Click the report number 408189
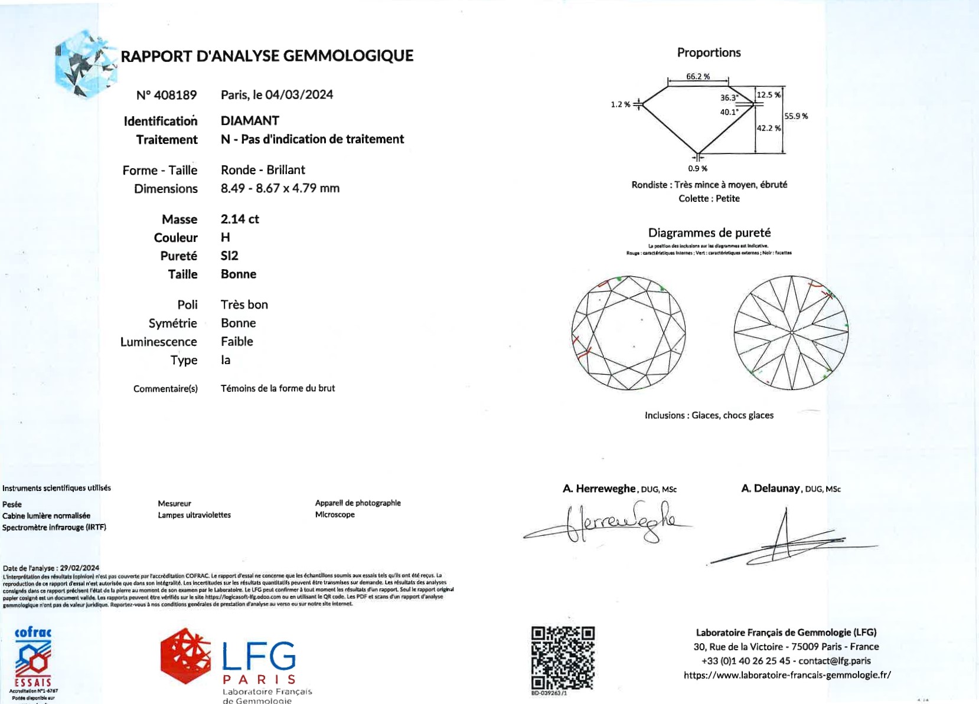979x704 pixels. click(167, 95)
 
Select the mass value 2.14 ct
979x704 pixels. click(240, 219)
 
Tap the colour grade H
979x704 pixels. click(226, 237)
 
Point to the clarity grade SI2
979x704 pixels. click(230, 256)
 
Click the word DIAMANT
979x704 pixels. click(250, 120)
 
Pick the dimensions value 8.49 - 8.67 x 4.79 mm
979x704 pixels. click(280, 188)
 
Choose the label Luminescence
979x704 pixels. click(158, 342)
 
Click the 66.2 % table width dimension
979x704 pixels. click(698, 77)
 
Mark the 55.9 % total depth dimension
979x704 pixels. click(796, 116)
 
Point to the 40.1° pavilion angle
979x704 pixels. click(729, 112)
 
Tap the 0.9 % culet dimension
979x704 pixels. click(697, 168)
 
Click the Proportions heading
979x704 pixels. click(709, 53)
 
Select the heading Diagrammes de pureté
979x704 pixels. click(709, 233)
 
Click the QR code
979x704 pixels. click(562, 657)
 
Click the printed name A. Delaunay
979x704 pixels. click(771, 489)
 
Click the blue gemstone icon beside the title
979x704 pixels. click(85, 64)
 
